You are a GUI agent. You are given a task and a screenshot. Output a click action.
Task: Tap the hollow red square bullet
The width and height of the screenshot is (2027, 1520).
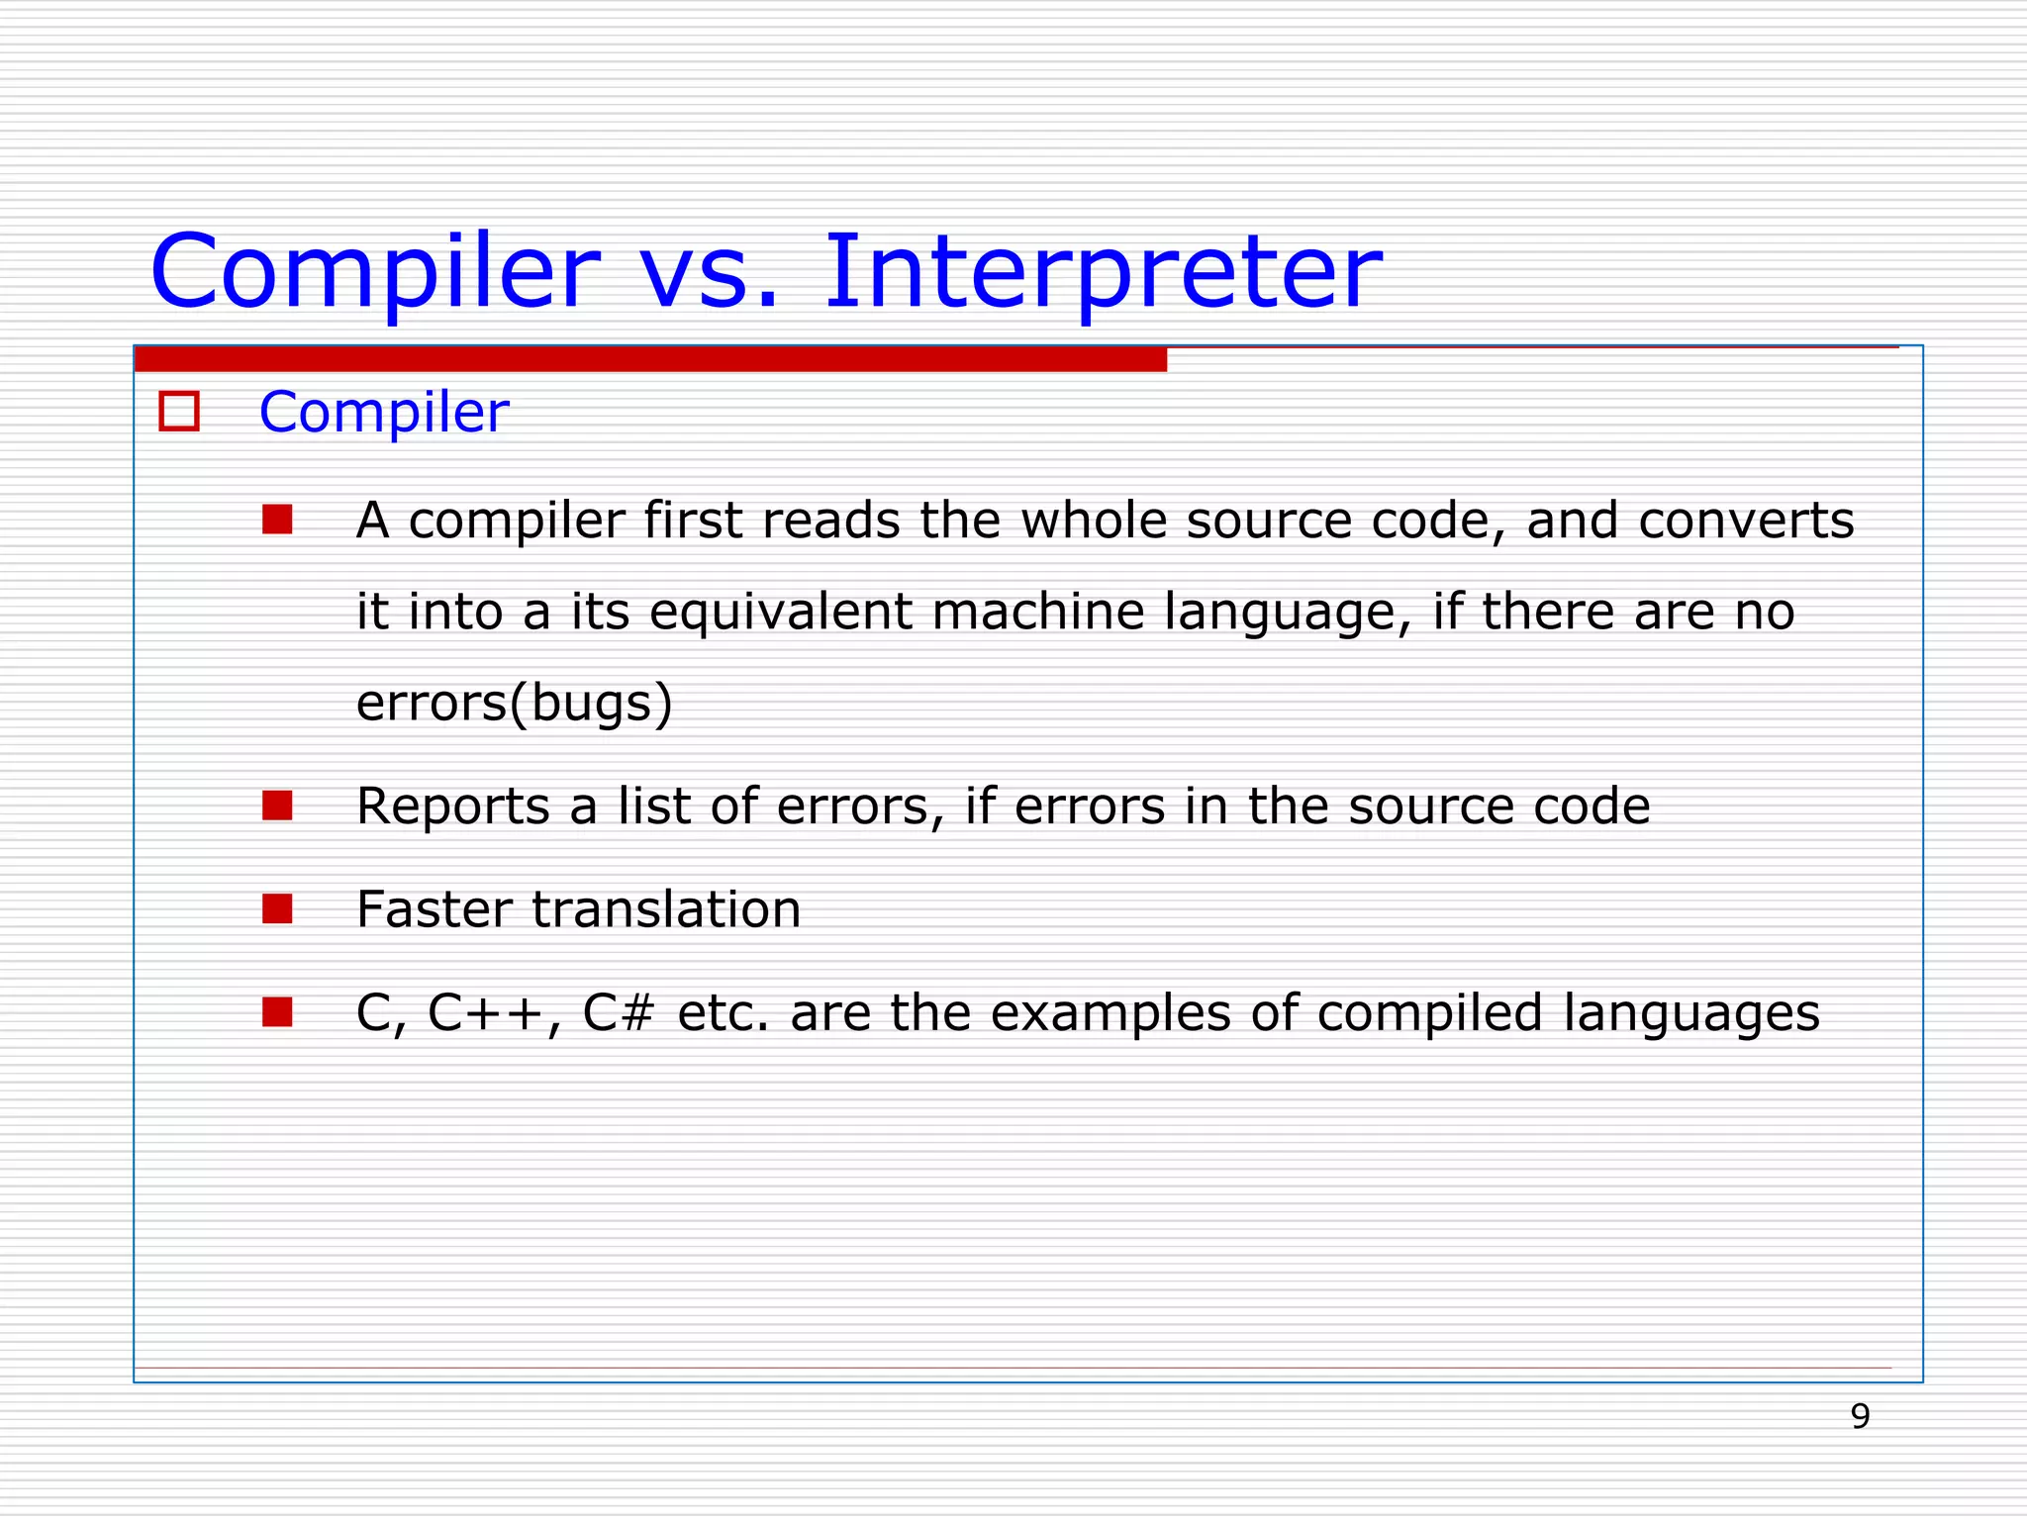click(x=179, y=412)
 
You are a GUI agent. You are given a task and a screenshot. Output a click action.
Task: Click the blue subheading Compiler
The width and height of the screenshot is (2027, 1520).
click(x=383, y=413)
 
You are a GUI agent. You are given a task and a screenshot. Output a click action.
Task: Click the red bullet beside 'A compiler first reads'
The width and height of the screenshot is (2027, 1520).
click(x=277, y=520)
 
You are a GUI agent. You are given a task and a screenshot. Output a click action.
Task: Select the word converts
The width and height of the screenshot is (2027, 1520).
click(x=1746, y=522)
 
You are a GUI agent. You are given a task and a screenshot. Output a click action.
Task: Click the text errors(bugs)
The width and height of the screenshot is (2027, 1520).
click(x=514, y=704)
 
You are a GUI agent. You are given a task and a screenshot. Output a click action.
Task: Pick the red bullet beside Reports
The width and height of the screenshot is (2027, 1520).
click(x=277, y=806)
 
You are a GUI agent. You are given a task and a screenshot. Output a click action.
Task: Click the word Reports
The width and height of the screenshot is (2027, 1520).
click(x=452, y=807)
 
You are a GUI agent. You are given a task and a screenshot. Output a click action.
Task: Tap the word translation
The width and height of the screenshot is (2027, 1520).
click(x=666, y=909)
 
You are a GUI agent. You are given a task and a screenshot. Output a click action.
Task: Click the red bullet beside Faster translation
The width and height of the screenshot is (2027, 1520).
click(x=277, y=908)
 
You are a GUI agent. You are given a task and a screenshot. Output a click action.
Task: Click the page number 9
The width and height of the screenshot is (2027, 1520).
click(x=1860, y=1417)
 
